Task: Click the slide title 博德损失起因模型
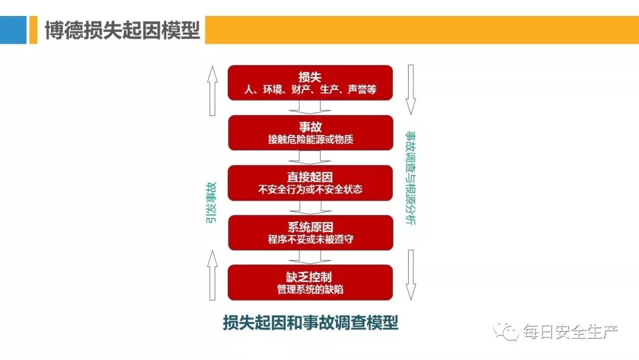(x=123, y=30)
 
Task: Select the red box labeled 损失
(x=311, y=82)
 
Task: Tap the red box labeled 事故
(x=311, y=132)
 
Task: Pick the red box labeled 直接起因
(x=311, y=182)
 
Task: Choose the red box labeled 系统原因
(x=311, y=232)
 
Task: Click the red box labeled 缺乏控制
(x=311, y=282)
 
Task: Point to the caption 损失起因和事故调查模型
(x=311, y=323)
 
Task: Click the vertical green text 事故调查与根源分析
(x=410, y=178)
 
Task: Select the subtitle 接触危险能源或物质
(x=311, y=140)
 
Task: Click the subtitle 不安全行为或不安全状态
(x=311, y=190)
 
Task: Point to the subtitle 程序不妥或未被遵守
(x=311, y=240)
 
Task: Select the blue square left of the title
(x=13, y=30)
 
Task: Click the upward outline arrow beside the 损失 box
(x=211, y=89)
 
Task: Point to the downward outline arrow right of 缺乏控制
(x=411, y=275)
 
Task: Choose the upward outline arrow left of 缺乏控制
(x=211, y=275)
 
